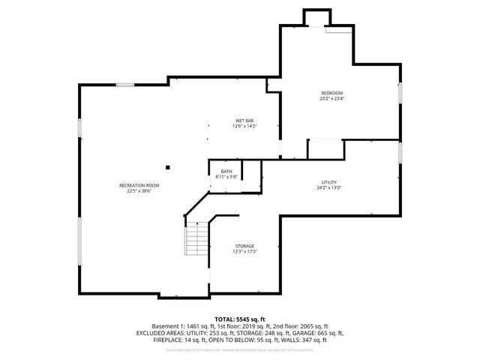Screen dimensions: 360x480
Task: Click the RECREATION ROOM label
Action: (139, 185)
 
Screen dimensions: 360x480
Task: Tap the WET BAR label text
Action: (244, 121)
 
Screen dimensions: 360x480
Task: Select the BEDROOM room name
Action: (331, 93)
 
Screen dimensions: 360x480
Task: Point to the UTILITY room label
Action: (329, 182)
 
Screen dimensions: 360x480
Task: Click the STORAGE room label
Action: (244, 246)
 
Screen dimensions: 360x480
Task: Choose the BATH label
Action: (226, 172)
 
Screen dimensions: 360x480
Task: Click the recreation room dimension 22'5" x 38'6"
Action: (139, 190)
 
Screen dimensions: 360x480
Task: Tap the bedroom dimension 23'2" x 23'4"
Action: (331, 98)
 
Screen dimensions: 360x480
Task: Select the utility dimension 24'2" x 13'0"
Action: (329, 187)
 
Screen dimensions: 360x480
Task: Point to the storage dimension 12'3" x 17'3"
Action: (244, 251)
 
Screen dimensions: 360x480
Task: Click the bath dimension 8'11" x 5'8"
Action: (226, 177)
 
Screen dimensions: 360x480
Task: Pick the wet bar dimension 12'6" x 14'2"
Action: (244, 126)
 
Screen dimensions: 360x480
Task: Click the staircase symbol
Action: (197, 241)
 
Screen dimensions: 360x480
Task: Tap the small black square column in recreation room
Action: (168, 166)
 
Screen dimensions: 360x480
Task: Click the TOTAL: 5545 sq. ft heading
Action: (239, 319)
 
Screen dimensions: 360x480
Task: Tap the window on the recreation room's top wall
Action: (125, 85)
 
